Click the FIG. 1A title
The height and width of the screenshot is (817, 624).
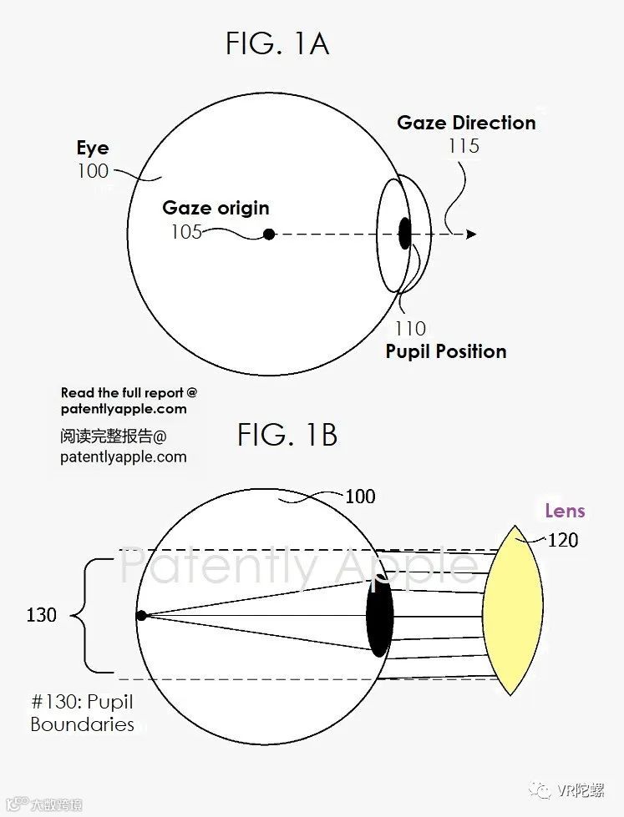coord(277,43)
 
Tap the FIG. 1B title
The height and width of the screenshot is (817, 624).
coord(287,435)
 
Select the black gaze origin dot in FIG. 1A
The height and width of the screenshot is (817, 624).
coord(269,235)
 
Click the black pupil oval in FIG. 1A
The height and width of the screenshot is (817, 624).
coord(405,233)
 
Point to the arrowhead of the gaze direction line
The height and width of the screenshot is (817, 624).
coord(471,235)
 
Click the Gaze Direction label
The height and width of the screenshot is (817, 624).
coord(466,123)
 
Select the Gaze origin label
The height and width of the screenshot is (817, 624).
coord(216,208)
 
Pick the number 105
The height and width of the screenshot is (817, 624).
coord(186,231)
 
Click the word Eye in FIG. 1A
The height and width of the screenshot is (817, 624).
coord(93,149)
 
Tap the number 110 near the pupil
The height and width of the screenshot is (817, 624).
coord(410,329)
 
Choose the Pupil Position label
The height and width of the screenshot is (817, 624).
coord(446,351)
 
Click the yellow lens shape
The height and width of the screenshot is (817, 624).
coord(513,610)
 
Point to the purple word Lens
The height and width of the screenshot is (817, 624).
coord(565,511)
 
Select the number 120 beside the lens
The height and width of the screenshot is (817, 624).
coord(562,540)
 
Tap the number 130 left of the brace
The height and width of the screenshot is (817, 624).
coord(41,615)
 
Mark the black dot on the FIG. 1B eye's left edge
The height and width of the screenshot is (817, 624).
coord(141,616)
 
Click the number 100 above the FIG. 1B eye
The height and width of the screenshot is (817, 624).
coord(360,497)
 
